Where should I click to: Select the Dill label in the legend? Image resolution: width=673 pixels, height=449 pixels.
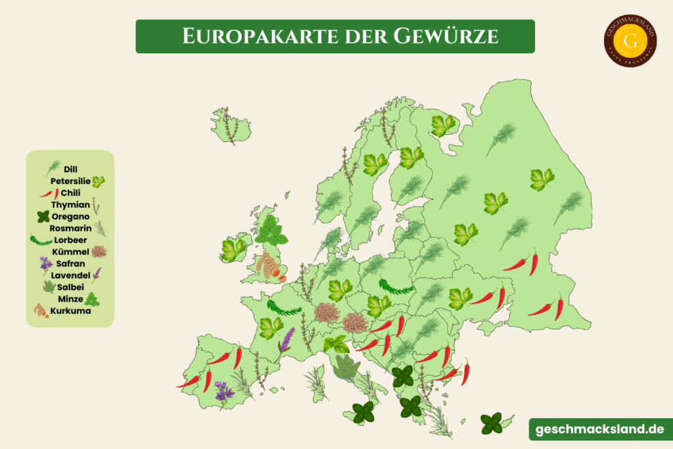71,169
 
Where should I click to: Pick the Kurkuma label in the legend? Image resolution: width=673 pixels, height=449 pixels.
70,311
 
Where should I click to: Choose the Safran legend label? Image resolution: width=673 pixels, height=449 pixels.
70,264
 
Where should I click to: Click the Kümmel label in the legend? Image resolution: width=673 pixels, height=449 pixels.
70,252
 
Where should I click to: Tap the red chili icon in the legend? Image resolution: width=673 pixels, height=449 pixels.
49,193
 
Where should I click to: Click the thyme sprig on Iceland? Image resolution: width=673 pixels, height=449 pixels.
229,125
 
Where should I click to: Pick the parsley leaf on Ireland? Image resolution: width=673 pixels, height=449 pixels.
233,250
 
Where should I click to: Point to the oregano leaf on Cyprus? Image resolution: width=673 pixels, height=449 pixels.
491,423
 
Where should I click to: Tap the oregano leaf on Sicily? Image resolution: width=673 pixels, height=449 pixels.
363,413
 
